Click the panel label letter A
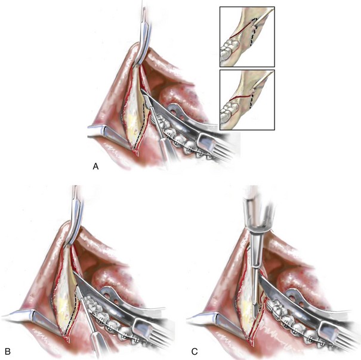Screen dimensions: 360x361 click(96, 167)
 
